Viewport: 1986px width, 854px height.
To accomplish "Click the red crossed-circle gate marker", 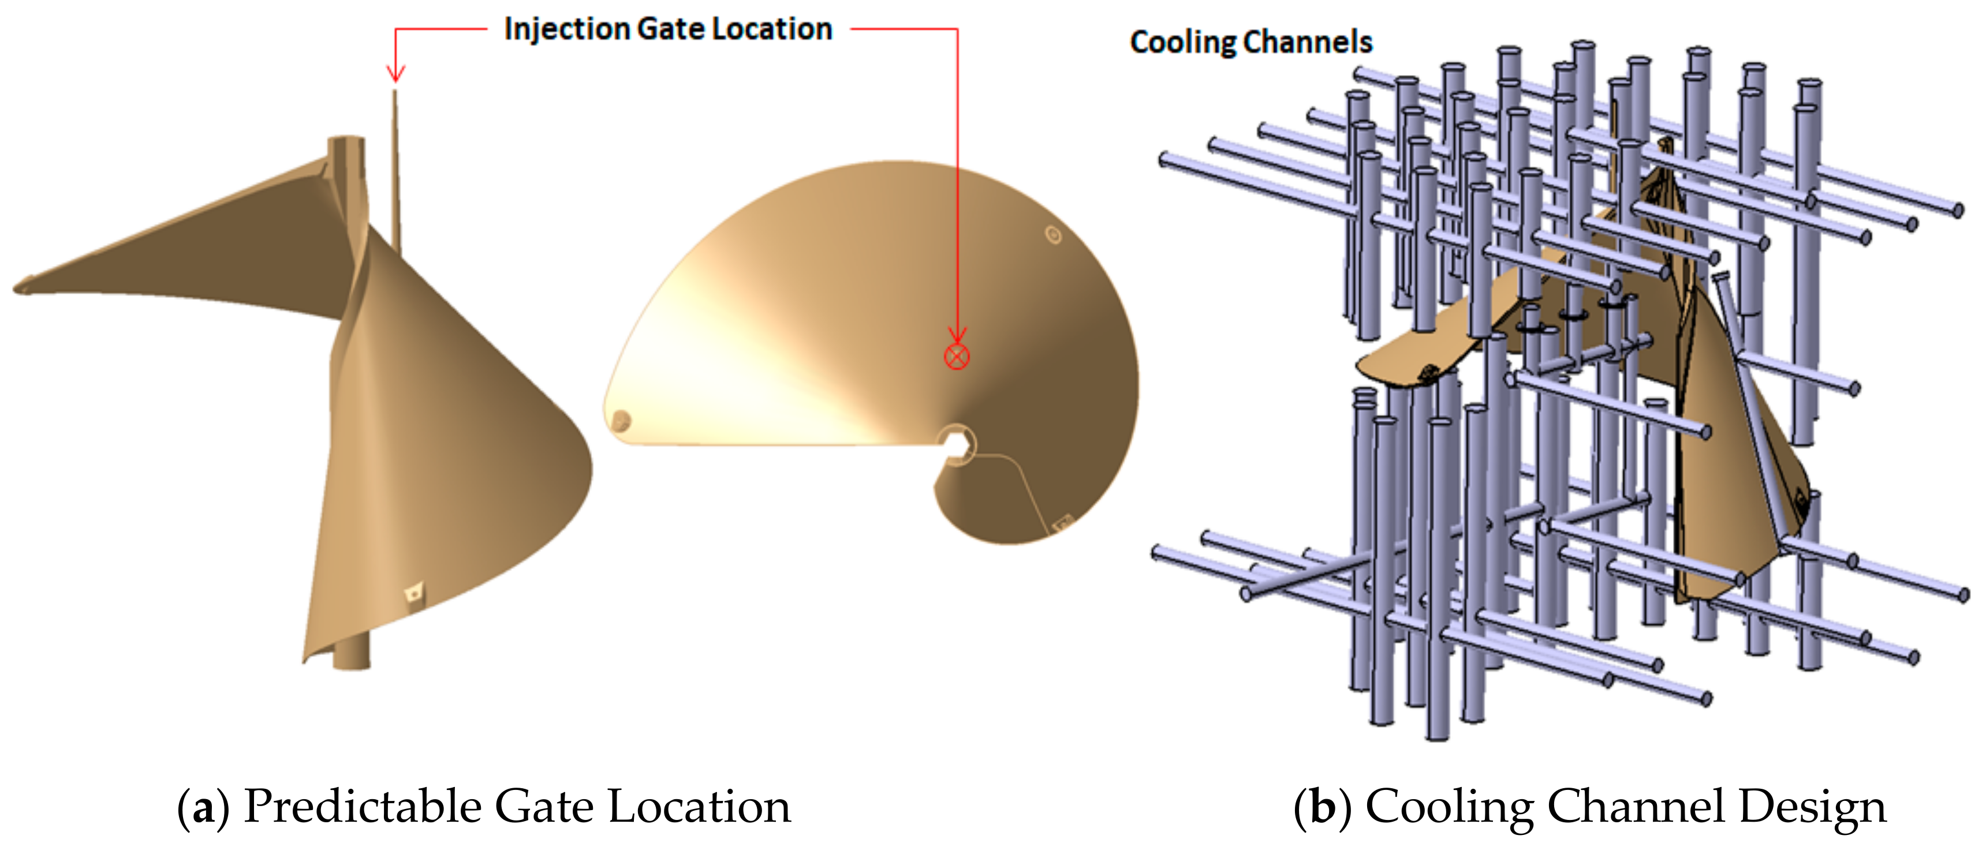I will [x=956, y=356].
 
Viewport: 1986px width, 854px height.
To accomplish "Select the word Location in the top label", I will [x=772, y=29].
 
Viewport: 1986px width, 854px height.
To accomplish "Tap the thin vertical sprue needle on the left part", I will [x=396, y=170].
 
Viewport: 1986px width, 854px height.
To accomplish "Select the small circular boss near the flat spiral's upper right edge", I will [x=1053, y=234].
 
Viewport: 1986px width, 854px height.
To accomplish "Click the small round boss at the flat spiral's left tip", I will [x=621, y=421].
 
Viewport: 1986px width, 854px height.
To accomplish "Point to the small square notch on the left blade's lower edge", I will [x=415, y=592].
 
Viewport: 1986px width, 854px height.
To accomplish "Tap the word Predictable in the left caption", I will [x=363, y=808].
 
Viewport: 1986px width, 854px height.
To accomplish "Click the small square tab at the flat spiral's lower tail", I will [x=1062, y=523].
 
